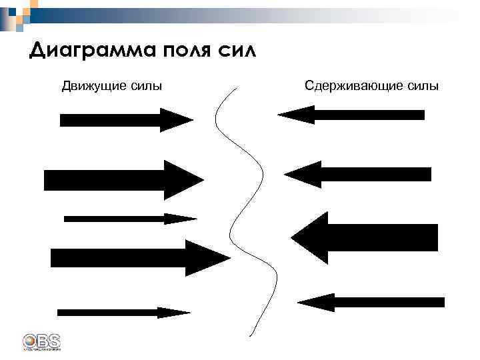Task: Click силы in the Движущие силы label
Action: pyautogui.click(x=147, y=86)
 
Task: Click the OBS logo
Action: pyautogui.click(x=41, y=341)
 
